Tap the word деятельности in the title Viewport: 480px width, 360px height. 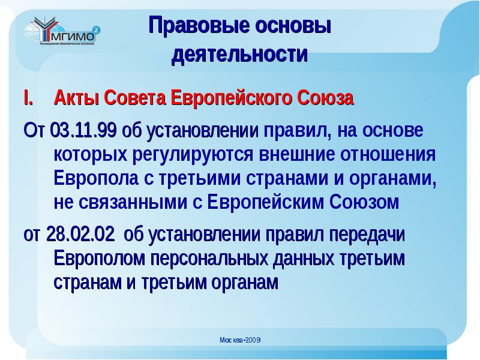pos(239,55)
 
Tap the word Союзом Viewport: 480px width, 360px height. pos(364,202)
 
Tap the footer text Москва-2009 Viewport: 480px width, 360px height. pos(239,340)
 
